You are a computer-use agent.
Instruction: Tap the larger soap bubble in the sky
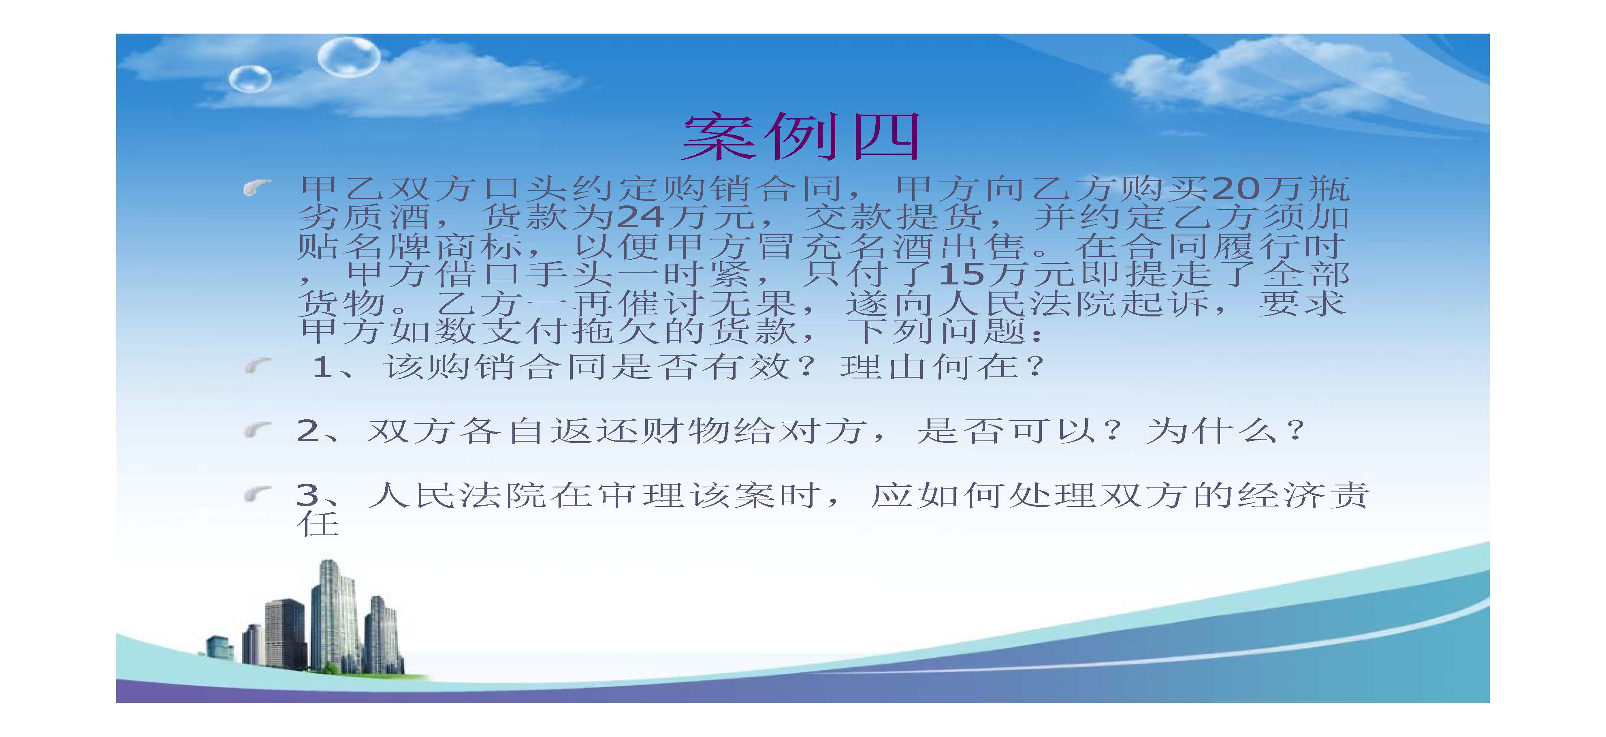tap(348, 57)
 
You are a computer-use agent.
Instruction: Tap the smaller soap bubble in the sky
tap(250, 79)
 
